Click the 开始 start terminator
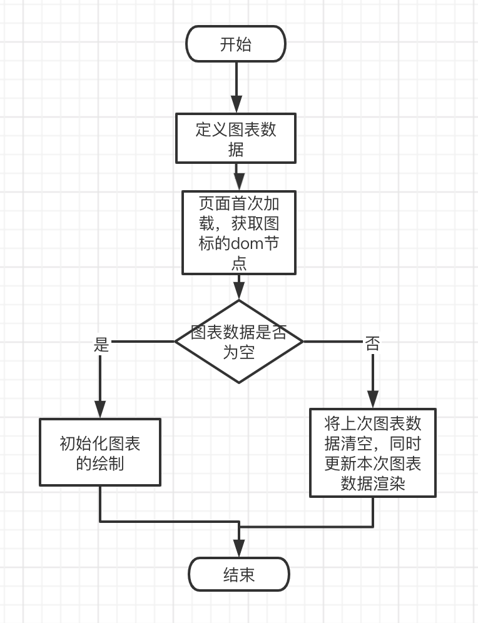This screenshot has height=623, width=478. pyautogui.click(x=236, y=44)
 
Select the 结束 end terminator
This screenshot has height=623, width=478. pyautogui.click(x=239, y=574)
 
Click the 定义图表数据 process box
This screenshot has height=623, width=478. pyautogui.click(x=236, y=138)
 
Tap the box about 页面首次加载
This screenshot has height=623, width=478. pyautogui.click(x=238, y=233)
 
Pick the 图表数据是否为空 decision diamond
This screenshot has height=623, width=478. pyautogui.click(x=238, y=342)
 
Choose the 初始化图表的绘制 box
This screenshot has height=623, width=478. pyautogui.click(x=100, y=452)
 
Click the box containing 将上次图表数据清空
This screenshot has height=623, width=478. pyautogui.click(x=373, y=453)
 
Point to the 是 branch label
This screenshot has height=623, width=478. pyautogui.click(x=101, y=345)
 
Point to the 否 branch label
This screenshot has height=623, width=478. pyautogui.click(x=372, y=344)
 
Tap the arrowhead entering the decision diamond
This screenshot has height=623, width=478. pyautogui.click(x=238, y=291)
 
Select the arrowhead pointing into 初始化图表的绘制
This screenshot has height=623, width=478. pyautogui.click(x=100, y=409)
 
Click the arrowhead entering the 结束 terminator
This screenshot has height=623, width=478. pyautogui.click(x=239, y=549)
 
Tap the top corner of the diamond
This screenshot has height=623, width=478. pyautogui.click(x=238, y=301)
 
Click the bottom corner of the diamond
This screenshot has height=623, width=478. pyautogui.click(x=238, y=382)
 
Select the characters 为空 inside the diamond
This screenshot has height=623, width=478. pyautogui.click(x=238, y=352)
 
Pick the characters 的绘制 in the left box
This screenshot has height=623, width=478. pyautogui.click(x=100, y=463)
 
